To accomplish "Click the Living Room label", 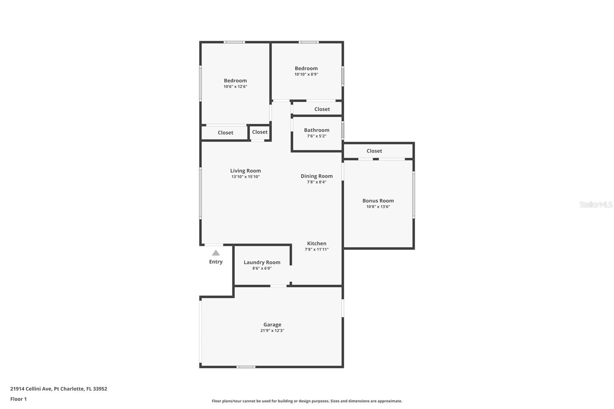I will [245, 171].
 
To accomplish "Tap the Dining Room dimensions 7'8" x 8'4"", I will [317, 182].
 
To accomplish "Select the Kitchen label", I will [317, 243].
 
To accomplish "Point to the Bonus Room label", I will [378, 201].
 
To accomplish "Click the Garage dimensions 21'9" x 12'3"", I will [272, 331].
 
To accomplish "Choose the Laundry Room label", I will [262, 262].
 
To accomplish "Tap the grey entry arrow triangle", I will [216, 253].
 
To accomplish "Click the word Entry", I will [216, 262].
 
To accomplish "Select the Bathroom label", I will [317, 130].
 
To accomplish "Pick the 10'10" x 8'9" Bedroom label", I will [306, 68].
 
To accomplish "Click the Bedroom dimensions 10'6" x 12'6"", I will [235, 87].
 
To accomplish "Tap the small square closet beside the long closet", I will [260, 132].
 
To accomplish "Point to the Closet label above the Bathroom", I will [322, 109].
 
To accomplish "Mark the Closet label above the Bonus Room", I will [374, 151].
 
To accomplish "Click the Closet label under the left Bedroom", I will [225, 133].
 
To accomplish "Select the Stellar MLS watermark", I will [596, 204].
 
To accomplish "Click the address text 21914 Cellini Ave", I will [31, 389].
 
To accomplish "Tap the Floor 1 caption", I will [18, 399].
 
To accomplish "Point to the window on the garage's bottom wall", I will [246, 367].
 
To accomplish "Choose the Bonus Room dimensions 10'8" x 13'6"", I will [378, 207].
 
